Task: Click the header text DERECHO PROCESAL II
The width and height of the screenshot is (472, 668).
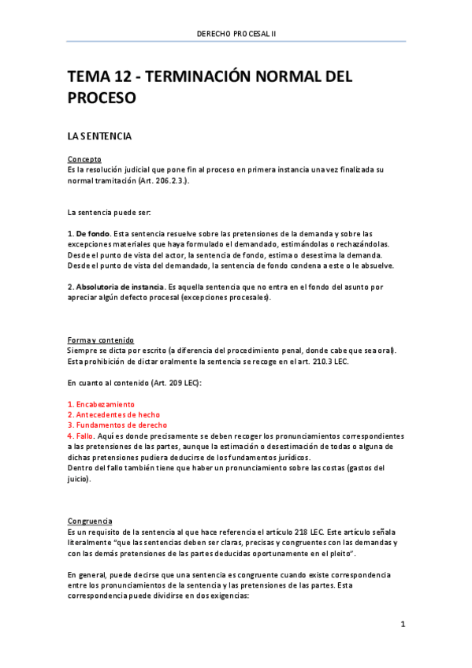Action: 236,33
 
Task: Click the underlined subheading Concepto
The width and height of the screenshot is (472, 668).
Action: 84,159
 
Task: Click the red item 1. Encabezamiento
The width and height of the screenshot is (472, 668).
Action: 101,404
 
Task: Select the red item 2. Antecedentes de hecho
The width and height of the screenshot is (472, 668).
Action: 113,414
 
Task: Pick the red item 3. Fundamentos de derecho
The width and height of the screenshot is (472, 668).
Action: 117,425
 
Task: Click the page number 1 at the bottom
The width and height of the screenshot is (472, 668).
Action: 403,625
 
